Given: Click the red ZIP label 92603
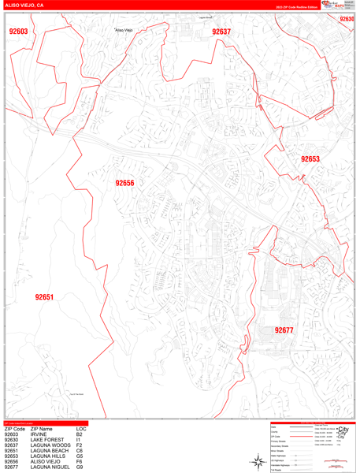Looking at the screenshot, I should tap(18, 32).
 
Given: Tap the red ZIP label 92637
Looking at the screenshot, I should tap(221, 32).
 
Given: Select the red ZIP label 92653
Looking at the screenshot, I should tap(310, 158).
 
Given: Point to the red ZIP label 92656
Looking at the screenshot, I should tap(124, 183).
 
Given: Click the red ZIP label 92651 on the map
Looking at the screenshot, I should tap(44, 297).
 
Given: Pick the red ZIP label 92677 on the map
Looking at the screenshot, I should tap(284, 330).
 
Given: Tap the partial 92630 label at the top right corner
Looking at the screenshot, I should tap(347, 19).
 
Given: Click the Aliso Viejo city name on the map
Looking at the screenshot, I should tap(124, 30).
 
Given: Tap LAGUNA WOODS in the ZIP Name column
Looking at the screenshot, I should tap(51, 445).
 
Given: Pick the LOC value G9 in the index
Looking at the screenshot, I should tap(80, 467).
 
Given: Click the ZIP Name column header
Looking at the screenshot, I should tap(41, 429).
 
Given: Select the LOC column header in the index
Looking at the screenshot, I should tap(81, 429).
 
